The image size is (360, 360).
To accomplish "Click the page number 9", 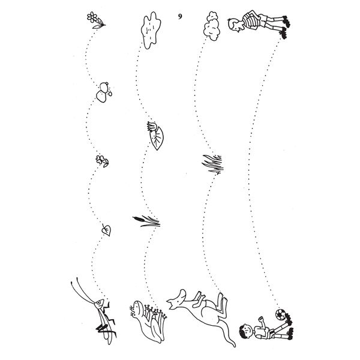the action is tap(180, 16).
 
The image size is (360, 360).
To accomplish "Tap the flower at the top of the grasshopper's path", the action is tap(96, 20).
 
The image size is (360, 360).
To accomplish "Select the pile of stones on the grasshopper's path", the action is tap(104, 92).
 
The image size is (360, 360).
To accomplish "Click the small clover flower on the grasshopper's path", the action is tap(102, 161).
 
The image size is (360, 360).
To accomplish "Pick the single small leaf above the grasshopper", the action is tap(106, 230).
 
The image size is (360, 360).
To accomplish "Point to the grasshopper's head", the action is tap(99, 304).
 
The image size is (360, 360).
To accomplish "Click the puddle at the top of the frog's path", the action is tap(151, 30).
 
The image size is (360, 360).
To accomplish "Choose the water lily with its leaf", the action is tap(155, 136).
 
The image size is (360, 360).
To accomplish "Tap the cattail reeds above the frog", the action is tap(146, 221).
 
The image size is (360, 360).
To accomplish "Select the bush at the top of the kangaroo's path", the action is tap(212, 26).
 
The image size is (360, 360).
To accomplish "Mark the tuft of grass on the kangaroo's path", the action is tap(212, 163).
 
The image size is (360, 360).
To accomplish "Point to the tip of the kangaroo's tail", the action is tap(234, 346).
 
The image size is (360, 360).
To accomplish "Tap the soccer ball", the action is tap(280, 314).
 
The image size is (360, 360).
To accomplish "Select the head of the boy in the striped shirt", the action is tap(234, 24).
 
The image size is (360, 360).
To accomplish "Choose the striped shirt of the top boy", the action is tap(251, 20).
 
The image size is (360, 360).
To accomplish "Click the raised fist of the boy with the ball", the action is tap(260, 319).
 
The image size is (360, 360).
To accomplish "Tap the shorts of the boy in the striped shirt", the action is tap(263, 20).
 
